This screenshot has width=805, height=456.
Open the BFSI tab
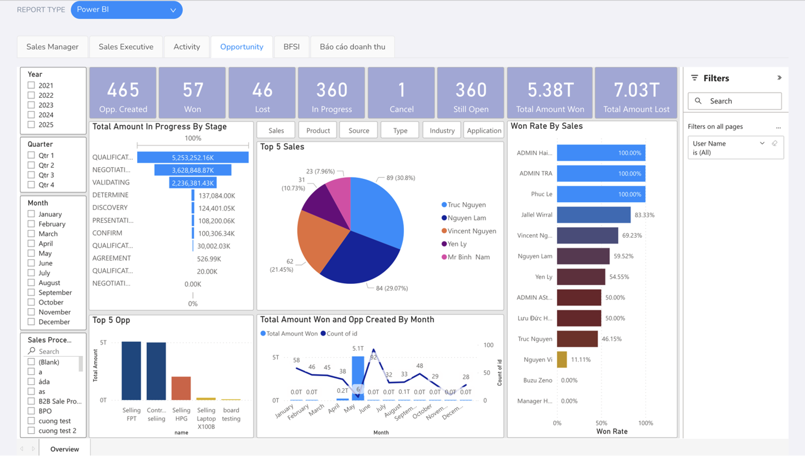pyautogui.click(x=292, y=47)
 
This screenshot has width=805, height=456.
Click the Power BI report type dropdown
pyautogui.click(x=126, y=10)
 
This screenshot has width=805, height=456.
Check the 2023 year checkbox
pyautogui.click(x=31, y=105)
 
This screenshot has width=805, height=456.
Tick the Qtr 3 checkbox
pyautogui.click(x=31, y=175)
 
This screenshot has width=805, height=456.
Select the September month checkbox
pyautogui.click(x=31, y=293)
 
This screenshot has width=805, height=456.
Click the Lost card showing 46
pyautogui.click(x=262, y=93)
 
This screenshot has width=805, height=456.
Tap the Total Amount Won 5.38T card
pyautogui.click(x=550, y=93)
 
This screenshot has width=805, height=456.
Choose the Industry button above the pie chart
pyautogui.click(x=442, y=130)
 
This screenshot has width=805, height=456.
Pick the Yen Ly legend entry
pyautogui.click(x=454, y=244)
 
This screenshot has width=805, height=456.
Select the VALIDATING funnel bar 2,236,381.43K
pyautogui.click(x=192, y=183)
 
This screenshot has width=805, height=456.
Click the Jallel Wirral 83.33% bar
pyautogui.click(x=594, y=215)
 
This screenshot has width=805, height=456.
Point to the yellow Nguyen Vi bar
pyautogui.click(x=562, y=359)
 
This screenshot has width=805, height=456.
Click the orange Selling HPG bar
pyautogui.click(x=181, y=388)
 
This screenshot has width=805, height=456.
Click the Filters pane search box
pyautogui.click(x=735, y=101)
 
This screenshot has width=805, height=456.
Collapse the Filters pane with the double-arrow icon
pyautogui.click(x=779, y=78)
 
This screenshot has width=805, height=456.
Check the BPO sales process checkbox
pyautogui.click(x=31, y=411)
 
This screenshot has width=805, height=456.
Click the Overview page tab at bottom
pyautogui.click(x=65, y=449)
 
